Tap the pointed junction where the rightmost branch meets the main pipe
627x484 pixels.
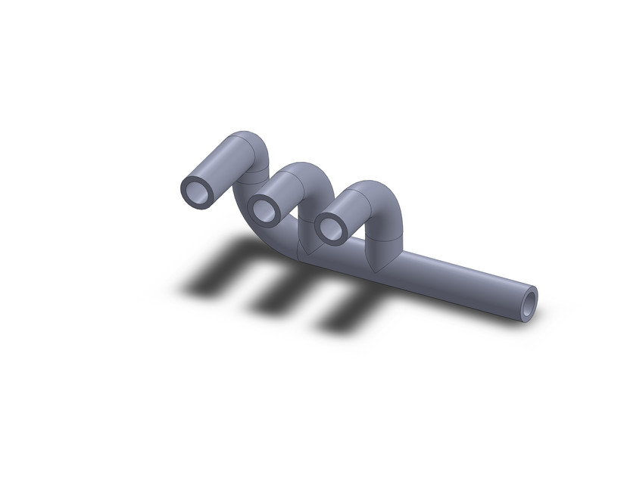click(376, 262)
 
